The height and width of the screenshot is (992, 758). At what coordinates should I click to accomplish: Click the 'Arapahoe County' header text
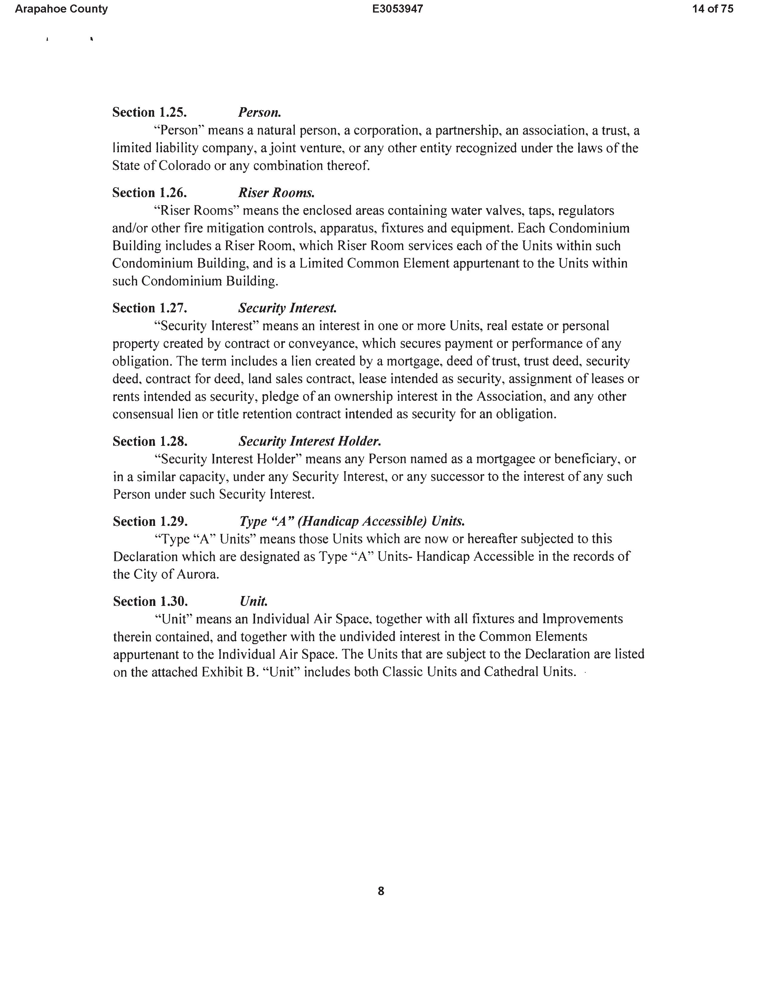pos(61,9)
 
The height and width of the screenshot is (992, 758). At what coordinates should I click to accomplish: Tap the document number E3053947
pos(398,9)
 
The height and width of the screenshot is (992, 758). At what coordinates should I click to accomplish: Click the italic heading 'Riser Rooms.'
pos(276,193)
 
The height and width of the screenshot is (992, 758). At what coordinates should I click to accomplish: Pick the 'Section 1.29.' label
pos(150,522)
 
